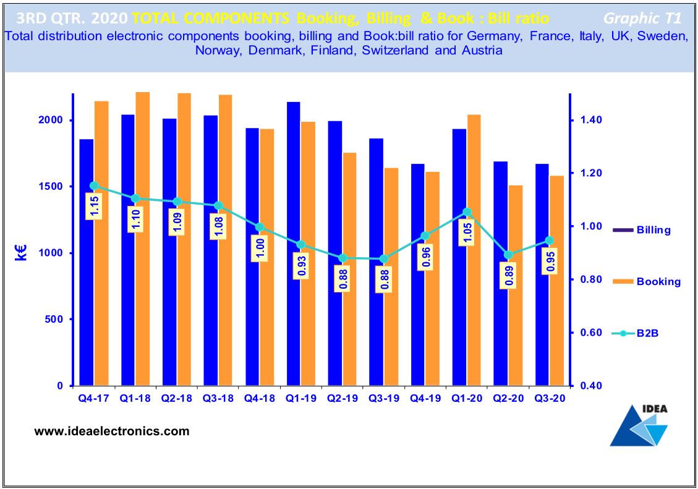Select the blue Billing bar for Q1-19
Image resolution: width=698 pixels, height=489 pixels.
click(294, 244)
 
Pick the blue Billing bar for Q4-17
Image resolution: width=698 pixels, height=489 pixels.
click(87, 262)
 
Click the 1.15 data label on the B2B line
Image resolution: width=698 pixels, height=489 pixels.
click(95, 206)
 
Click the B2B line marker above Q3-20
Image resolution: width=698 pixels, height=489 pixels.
click(550, 240)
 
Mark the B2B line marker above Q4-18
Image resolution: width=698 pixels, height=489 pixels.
click(260, 227)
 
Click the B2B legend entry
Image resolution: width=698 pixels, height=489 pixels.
click(647, 334)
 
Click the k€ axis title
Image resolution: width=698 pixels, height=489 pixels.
click(21, 252)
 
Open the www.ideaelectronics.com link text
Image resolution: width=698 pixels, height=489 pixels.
click(112, 431)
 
